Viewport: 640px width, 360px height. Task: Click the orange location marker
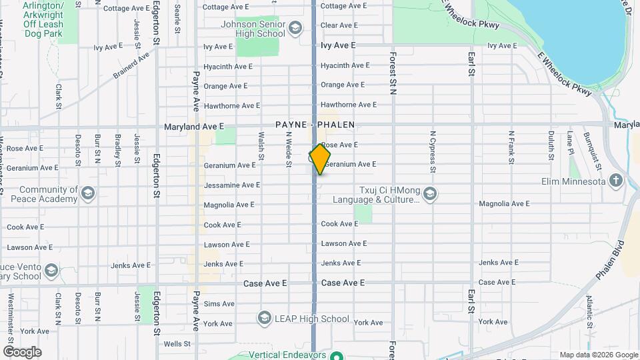320,159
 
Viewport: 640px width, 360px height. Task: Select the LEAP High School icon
265,318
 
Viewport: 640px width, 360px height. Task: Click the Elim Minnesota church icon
615,181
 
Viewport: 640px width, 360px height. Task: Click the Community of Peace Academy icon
87,194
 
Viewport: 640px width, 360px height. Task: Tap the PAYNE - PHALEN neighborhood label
315,125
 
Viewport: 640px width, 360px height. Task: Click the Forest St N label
393,74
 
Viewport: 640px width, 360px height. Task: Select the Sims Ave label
219,304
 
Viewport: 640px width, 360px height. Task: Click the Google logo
22,351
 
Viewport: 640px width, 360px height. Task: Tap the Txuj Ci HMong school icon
430,194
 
